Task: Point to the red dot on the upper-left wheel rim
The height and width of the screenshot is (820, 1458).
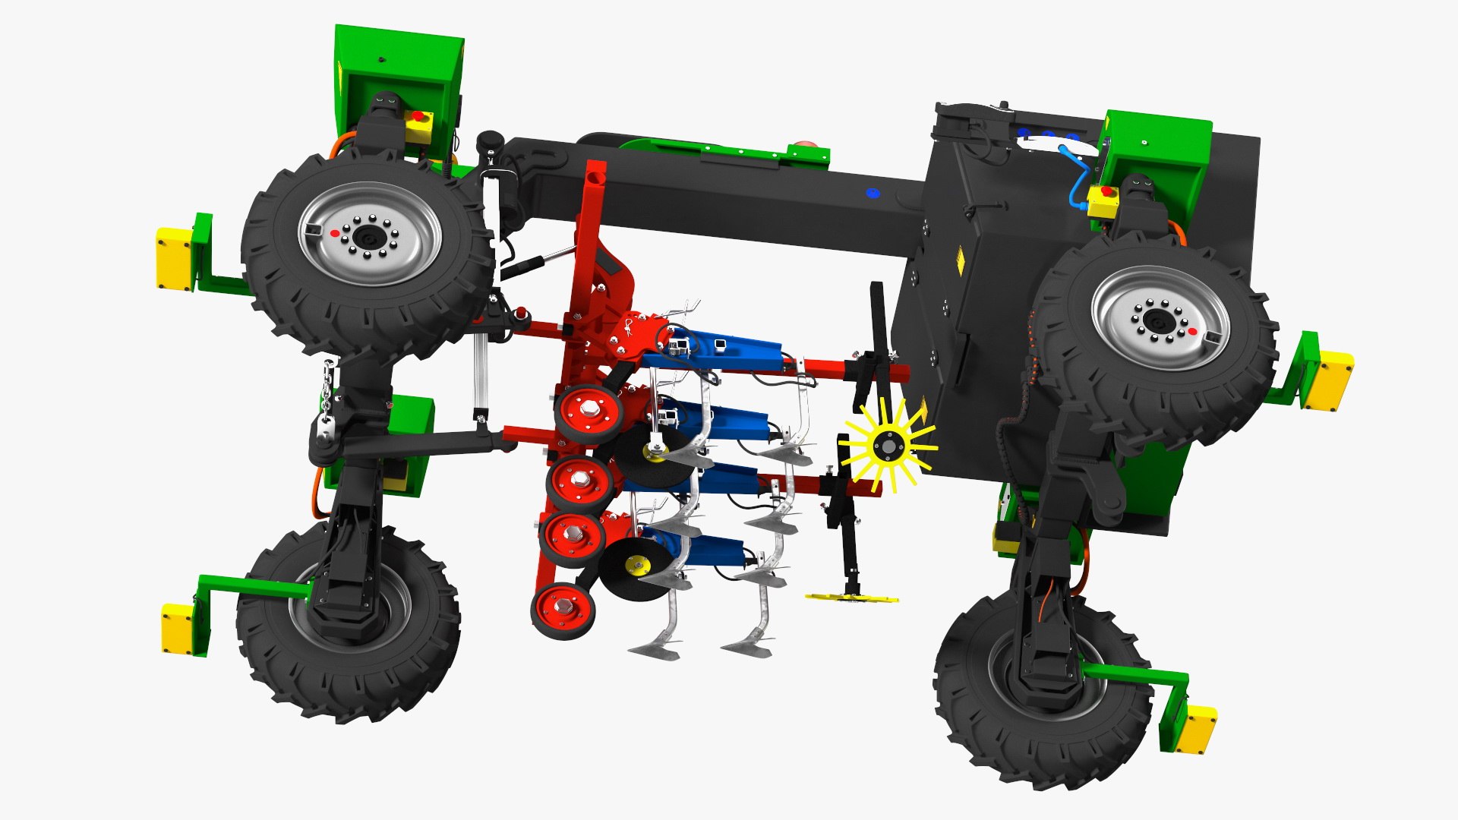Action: pyautogui.click(x=334, y=234)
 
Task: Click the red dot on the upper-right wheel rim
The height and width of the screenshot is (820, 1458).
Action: pyautogui.click(x=1192, y=332)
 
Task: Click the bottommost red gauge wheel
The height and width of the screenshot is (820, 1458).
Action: pyautogui.click(x=563, y=610)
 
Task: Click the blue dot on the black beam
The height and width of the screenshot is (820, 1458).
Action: pyautogui.click(x=872, y=193)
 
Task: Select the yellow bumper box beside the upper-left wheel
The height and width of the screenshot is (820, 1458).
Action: pyautogui.click(x=174, y=258)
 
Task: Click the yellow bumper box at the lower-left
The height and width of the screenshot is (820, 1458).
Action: pyautogui.click(x=178, y=628)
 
